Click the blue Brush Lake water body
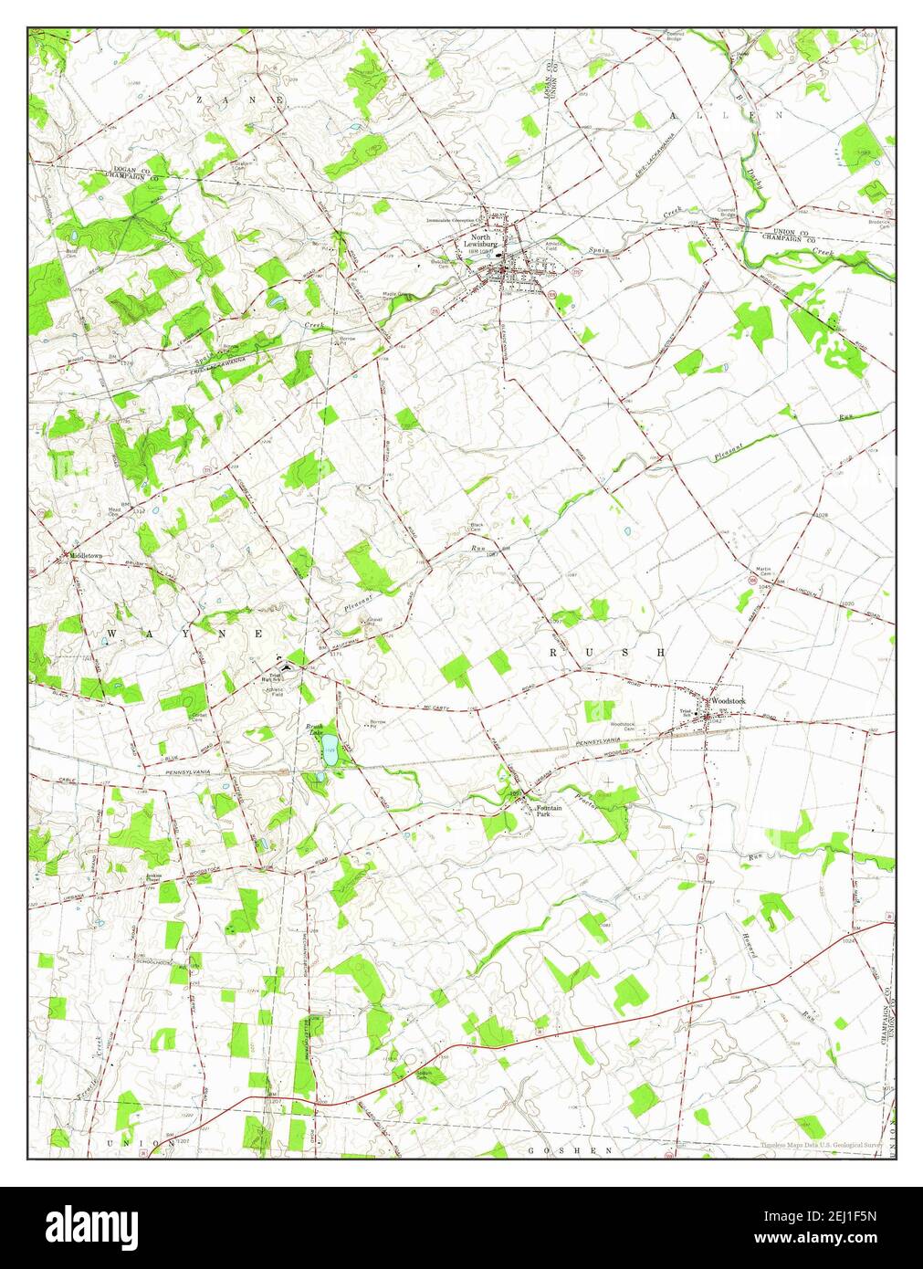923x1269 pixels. [x=330, y=754]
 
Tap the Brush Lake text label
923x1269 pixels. [x=316, y=729]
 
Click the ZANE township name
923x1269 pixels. [x=239, y=98]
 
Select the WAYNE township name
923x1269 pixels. [x=185, y=633]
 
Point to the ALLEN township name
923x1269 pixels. [x=726, y=116]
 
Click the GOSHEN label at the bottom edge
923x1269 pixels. [x=559, y=1150]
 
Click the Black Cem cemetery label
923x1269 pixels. [x=476, y=527]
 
